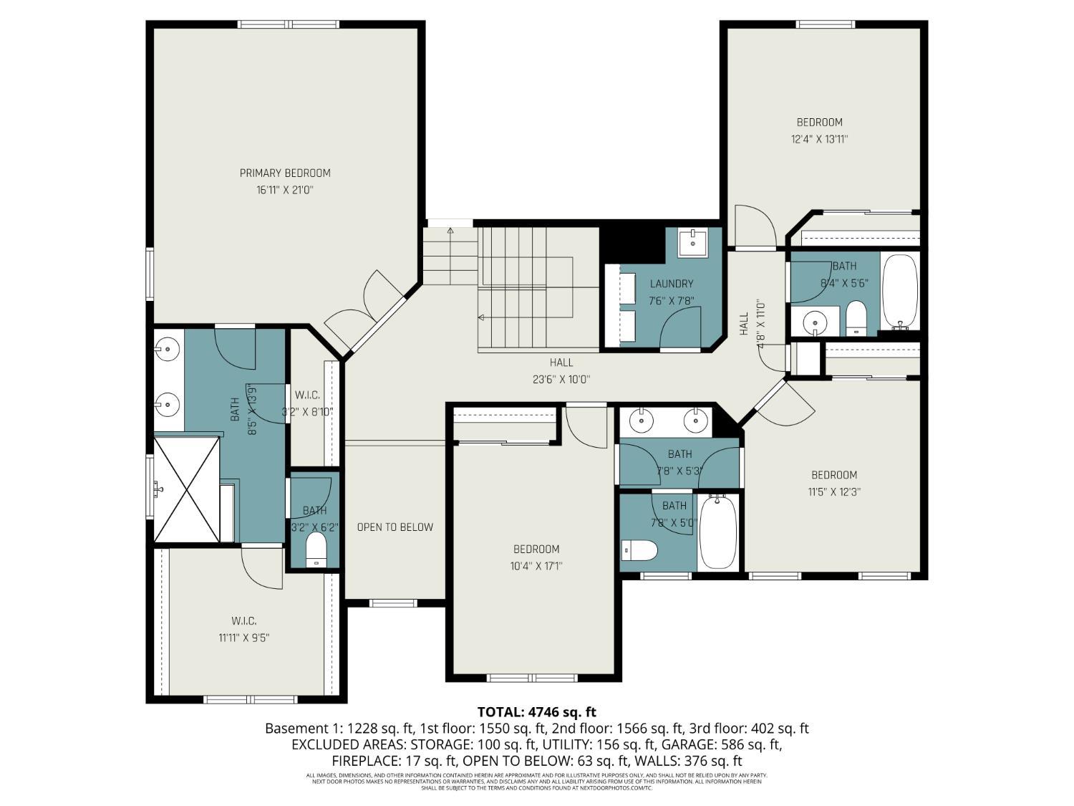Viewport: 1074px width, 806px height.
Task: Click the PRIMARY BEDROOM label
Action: [285, 173]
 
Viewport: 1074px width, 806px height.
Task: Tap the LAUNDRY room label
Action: [671, 284]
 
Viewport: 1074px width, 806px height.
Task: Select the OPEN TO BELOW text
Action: [395, 527]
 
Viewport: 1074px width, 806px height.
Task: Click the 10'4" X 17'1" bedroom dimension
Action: [536, 567]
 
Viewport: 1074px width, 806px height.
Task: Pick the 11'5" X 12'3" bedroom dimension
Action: [833, 492]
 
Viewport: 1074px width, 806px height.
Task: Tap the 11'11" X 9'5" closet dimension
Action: [244, 638]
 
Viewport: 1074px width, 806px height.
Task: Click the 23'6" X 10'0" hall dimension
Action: [561, 380]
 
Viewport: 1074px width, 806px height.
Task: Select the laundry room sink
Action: [692, 242]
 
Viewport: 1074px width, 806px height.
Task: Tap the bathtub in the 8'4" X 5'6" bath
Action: [899, 291]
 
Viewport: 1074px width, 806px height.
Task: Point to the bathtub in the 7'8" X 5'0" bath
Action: [717, 533]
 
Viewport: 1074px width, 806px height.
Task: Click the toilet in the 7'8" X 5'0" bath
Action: [640, 550]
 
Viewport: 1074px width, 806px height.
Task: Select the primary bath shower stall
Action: [187, 489]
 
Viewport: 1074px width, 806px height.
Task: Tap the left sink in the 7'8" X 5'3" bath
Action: [641, 421]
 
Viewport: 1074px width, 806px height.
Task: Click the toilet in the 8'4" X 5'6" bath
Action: [856, 318]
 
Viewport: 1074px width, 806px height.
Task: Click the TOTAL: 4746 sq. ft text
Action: [536, 712]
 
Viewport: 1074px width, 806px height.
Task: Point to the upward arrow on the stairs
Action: [450, 231]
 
